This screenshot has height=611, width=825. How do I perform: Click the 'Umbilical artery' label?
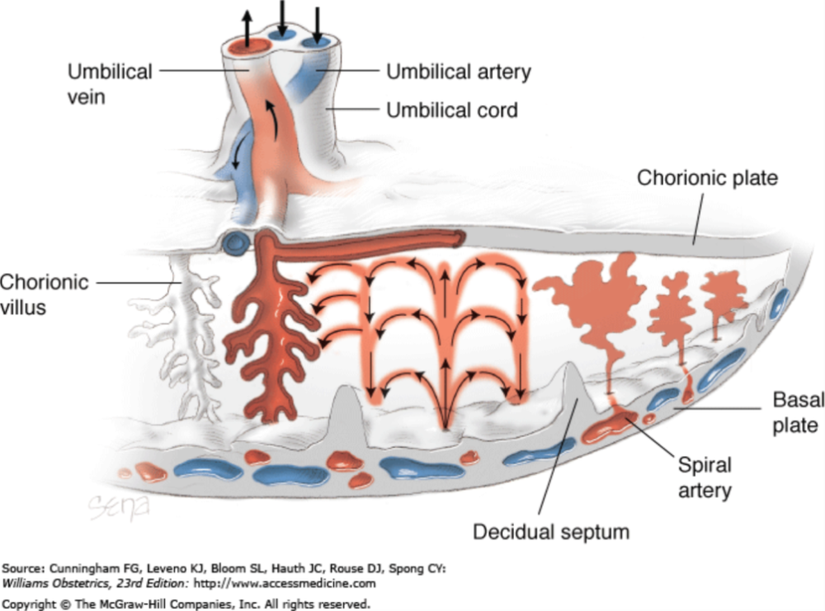point(459,72)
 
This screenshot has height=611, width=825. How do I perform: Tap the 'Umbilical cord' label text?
point(452,109)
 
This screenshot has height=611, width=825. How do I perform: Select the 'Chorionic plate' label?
point(707,178)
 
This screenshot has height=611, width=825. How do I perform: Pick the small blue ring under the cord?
point(235,242)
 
